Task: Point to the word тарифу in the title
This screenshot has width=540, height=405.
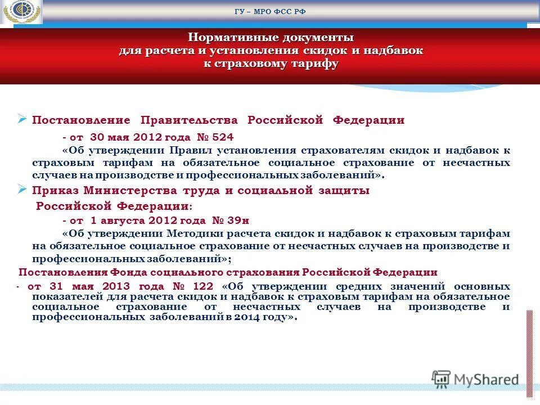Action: [x=315, y=63]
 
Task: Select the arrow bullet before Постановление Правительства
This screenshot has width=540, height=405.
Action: [x=22, y=119]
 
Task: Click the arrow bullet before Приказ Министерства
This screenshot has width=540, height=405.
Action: [x=22, y=190]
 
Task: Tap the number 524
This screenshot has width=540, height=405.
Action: [x=222, y=137]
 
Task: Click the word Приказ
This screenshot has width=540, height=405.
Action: [x=53, y=191]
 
